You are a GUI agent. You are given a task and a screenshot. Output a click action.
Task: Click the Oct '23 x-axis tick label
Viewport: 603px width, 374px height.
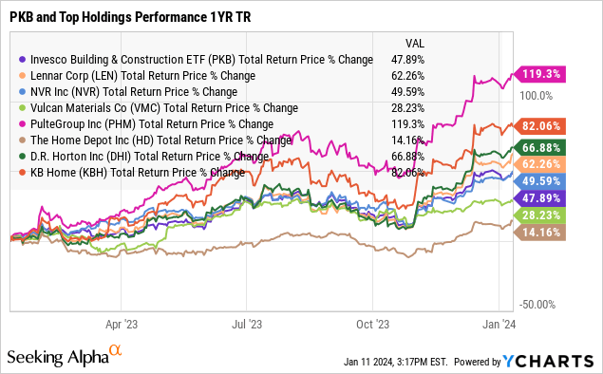[373, 323]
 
